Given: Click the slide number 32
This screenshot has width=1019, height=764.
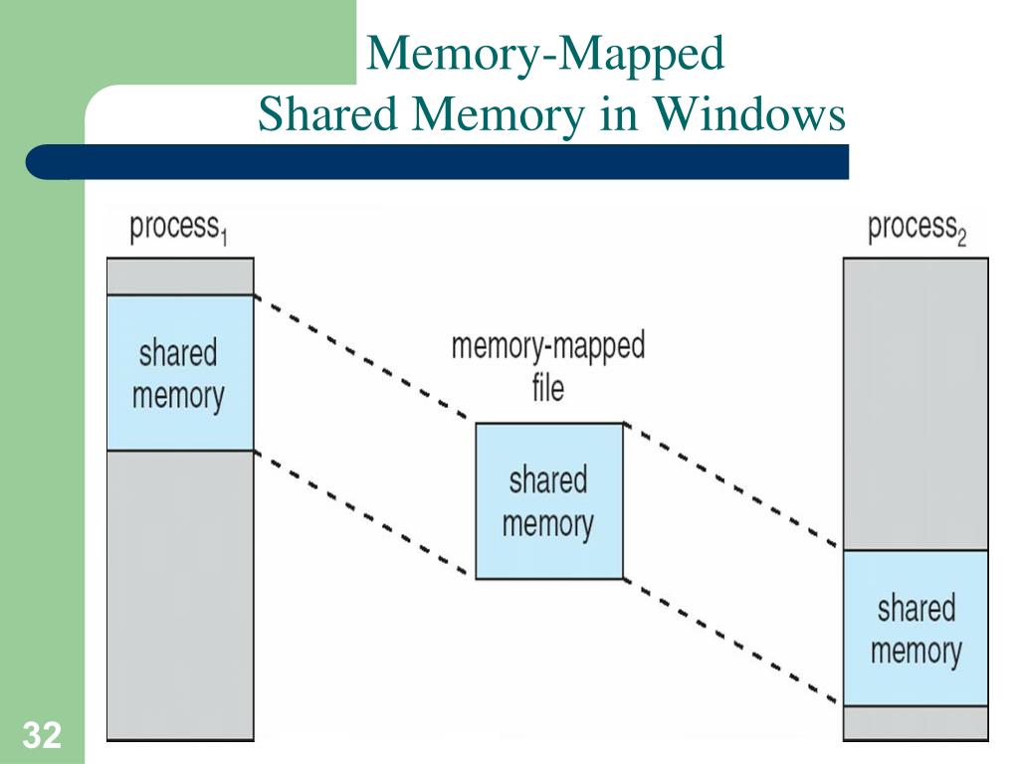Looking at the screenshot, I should coord(42,737).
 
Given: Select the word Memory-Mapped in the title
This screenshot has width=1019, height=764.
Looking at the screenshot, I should coord(544,54).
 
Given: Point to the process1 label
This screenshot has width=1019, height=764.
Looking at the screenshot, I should coord(179,228).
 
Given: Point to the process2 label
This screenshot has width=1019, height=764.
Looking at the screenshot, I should coord(917,228).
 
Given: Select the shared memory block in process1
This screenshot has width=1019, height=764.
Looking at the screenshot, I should coord(180,373).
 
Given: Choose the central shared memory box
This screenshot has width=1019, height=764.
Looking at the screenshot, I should coord(548,501).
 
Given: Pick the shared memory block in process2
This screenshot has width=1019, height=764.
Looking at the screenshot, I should coord(916,628).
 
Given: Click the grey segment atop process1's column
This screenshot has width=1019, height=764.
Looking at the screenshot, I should coord(180,276).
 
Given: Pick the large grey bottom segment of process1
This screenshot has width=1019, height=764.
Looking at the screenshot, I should coord(180,595).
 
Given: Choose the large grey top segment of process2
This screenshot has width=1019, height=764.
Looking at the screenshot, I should coord(916,403).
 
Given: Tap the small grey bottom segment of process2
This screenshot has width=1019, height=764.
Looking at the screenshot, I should coord(916,721).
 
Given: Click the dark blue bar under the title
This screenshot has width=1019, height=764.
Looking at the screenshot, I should coord(438,161).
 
